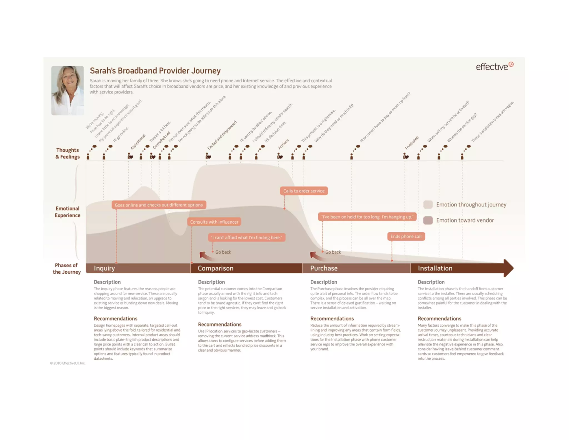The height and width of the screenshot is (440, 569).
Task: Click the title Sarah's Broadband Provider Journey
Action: (x=155, y=71)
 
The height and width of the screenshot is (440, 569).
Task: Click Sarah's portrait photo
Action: (x=68, y=90)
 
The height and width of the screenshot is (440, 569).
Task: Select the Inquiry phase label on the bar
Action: (x=104, y=268)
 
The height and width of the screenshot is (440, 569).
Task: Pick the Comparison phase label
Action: (x=215, y=268)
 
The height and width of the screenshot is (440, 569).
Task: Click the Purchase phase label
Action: (x=324, y=268)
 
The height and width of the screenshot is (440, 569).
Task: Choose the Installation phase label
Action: (x=435, y=268)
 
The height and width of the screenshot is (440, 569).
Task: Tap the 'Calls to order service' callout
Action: (x=304, y=191)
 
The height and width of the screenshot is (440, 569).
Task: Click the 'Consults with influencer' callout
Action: (x=214, y=222)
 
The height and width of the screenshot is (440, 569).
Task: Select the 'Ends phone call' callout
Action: (x=406, y=236)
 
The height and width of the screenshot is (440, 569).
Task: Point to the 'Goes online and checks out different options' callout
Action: (x=159, y=205)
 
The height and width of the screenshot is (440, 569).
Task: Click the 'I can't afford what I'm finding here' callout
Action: (x=246, y=238)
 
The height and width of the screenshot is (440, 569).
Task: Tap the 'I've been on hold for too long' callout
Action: (x=367, y=217)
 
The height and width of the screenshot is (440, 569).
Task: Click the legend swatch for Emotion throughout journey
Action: (x=428, y=204)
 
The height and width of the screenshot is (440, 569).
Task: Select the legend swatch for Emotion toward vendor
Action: (x=428, y=220)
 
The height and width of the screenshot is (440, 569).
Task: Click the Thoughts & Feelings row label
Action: (x=68, y=154)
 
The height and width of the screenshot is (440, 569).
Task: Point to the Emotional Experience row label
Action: (x=68, y=212)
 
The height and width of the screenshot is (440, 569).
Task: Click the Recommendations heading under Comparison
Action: (x=219, y=324)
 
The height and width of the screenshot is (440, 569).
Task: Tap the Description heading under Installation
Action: (x=431, y=282)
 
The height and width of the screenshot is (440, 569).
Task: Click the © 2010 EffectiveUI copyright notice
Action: (x=68, y=363)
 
